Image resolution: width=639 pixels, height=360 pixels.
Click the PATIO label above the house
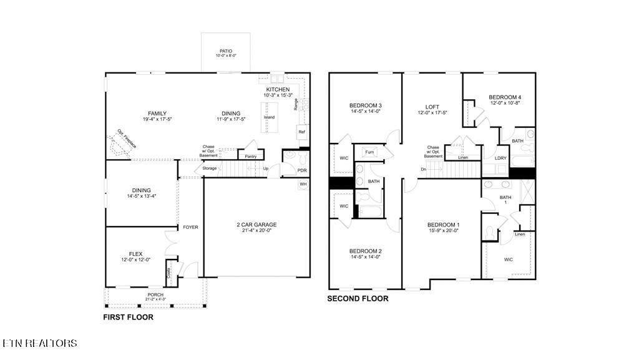click(x=226, y=51)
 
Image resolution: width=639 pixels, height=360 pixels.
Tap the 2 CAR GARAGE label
click(x=256, y=224)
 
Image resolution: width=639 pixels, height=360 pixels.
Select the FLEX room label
click(x=135, y=254)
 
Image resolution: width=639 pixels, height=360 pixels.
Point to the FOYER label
click(x=190, y=227)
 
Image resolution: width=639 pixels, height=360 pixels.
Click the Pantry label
click(x=251, y=156)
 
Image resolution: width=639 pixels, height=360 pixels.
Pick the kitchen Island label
click(x=269, y=117)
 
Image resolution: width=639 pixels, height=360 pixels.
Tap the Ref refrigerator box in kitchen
click(x=301, y=132)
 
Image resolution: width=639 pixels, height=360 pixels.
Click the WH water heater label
click(x=303, y=184)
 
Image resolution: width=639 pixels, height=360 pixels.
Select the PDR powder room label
click(x=302, y=170)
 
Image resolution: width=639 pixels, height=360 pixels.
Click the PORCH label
click(x=155, y=294)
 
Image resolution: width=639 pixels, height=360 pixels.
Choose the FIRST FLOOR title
click(x=128, y=317)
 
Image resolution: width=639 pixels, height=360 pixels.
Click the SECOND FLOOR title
click(x=358, y=299)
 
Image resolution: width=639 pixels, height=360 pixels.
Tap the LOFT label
click(x=432, y=107)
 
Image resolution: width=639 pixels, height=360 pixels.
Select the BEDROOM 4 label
click(x=504, y=97)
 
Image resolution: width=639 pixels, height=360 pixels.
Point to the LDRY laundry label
click(x=500, y=158)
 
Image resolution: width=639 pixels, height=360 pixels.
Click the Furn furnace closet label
click(x=369, y=152)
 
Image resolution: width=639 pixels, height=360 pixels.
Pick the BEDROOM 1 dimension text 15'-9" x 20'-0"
click(x=443, y=231)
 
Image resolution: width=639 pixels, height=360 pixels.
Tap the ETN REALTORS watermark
click(x=39, y=343)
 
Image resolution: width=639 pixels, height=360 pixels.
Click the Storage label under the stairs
click(x=210, y=168)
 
